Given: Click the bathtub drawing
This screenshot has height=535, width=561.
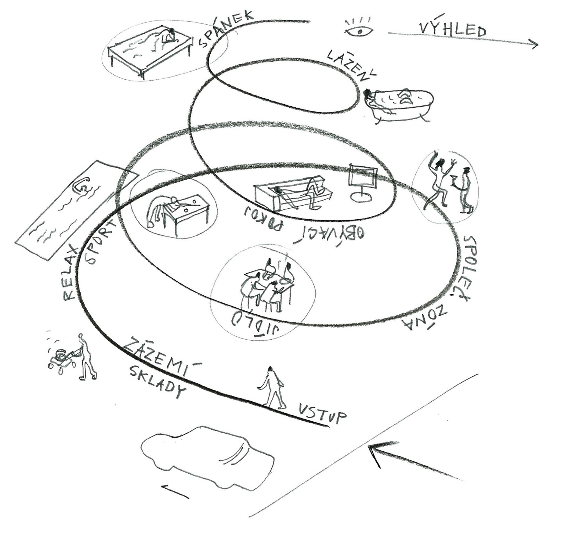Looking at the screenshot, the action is [400, 103].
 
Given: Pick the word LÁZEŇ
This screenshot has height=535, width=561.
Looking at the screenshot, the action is [351, 65].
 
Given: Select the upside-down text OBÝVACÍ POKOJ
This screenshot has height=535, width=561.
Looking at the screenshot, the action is [303, 225].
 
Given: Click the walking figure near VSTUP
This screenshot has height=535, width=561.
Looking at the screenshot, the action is [273, 388].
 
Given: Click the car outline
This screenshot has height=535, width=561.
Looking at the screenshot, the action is [207, 456].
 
